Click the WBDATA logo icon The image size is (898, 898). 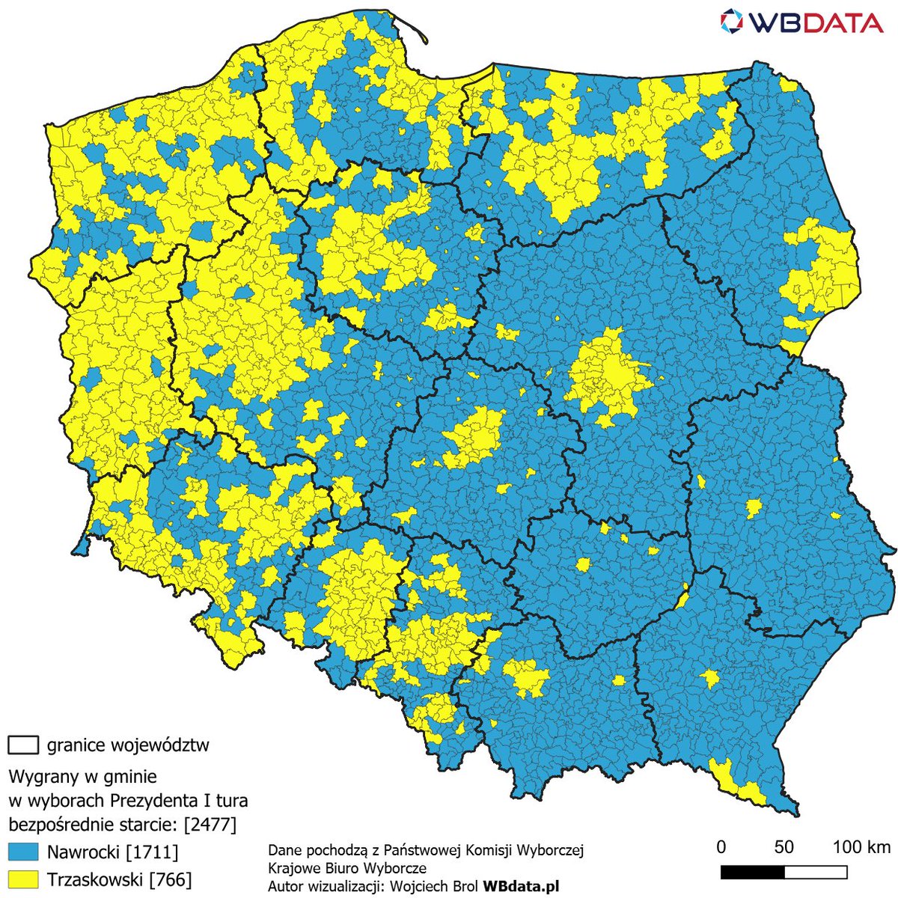pyautogui.click(x=733, y=22)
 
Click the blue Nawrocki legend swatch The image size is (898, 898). pyautogui.click(x=22, y=852)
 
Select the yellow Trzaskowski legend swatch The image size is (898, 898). pyautogui.click(x=22, y=879)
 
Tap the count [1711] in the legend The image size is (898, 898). pyautogui.click(x=153, y=852)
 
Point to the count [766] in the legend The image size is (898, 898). pyautogui.click(x=171, y=879)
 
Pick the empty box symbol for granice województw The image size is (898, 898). pyautogui.click(x=22, y=745)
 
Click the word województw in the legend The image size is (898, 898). pyautogui.click(x=160, y=745)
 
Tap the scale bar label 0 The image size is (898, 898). pyautogui.click(x=721, y=847)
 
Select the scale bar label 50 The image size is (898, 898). pyautogui.click(x=784, y=847)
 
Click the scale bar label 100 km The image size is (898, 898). pyautogui.click(x=861, y=847)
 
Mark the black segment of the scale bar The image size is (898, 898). pyautogui.click(x=752, y=873)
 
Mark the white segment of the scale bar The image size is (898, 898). pyautogui.click(x=816, y=873)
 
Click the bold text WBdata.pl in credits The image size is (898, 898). pyautogui.click(x=521, y=886)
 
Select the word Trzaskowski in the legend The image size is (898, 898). pyautogui.click(x=95, y=879)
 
